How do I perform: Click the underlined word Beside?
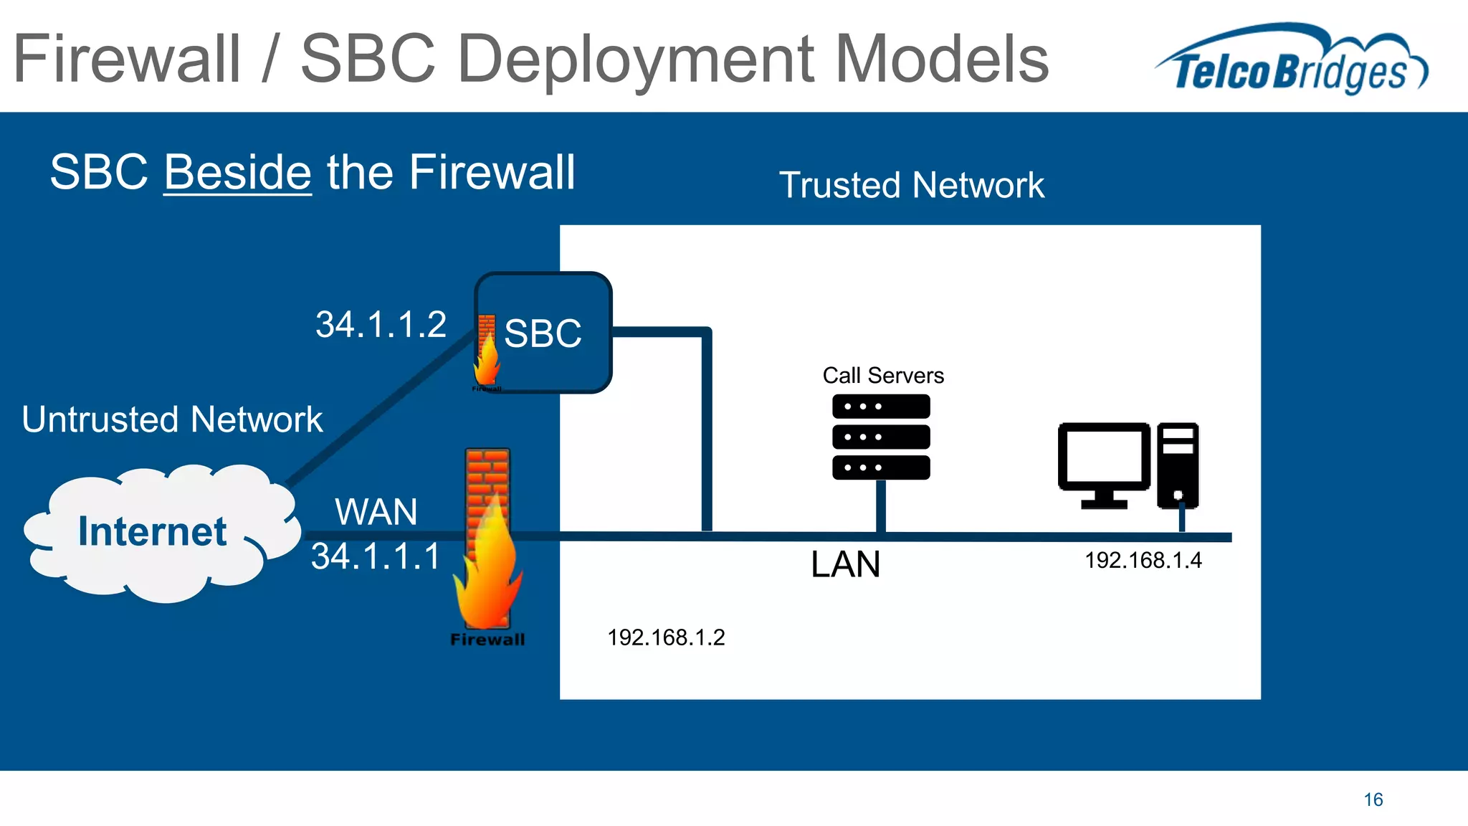(x=237, y=173)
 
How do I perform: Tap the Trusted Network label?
(x=911, y=185)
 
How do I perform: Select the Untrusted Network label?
(x=172, y=419)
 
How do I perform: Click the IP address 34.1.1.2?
(x=381, y=324)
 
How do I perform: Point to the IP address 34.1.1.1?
(x=376, y=556)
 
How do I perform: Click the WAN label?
(x=376, y=512)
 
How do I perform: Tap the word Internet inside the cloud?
(x=152, y=531)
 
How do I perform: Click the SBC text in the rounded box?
(x=543, y=333)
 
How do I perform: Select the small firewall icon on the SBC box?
(x=487, y=351)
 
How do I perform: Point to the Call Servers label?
(x=883, y=375)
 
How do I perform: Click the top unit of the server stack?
(x=881, y=407)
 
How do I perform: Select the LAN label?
(x=845, y=564)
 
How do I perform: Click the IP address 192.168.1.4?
(x=1143, y=560)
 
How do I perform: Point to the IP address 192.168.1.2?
(x=666, y=637)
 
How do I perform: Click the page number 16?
(x=1373, y=799)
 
